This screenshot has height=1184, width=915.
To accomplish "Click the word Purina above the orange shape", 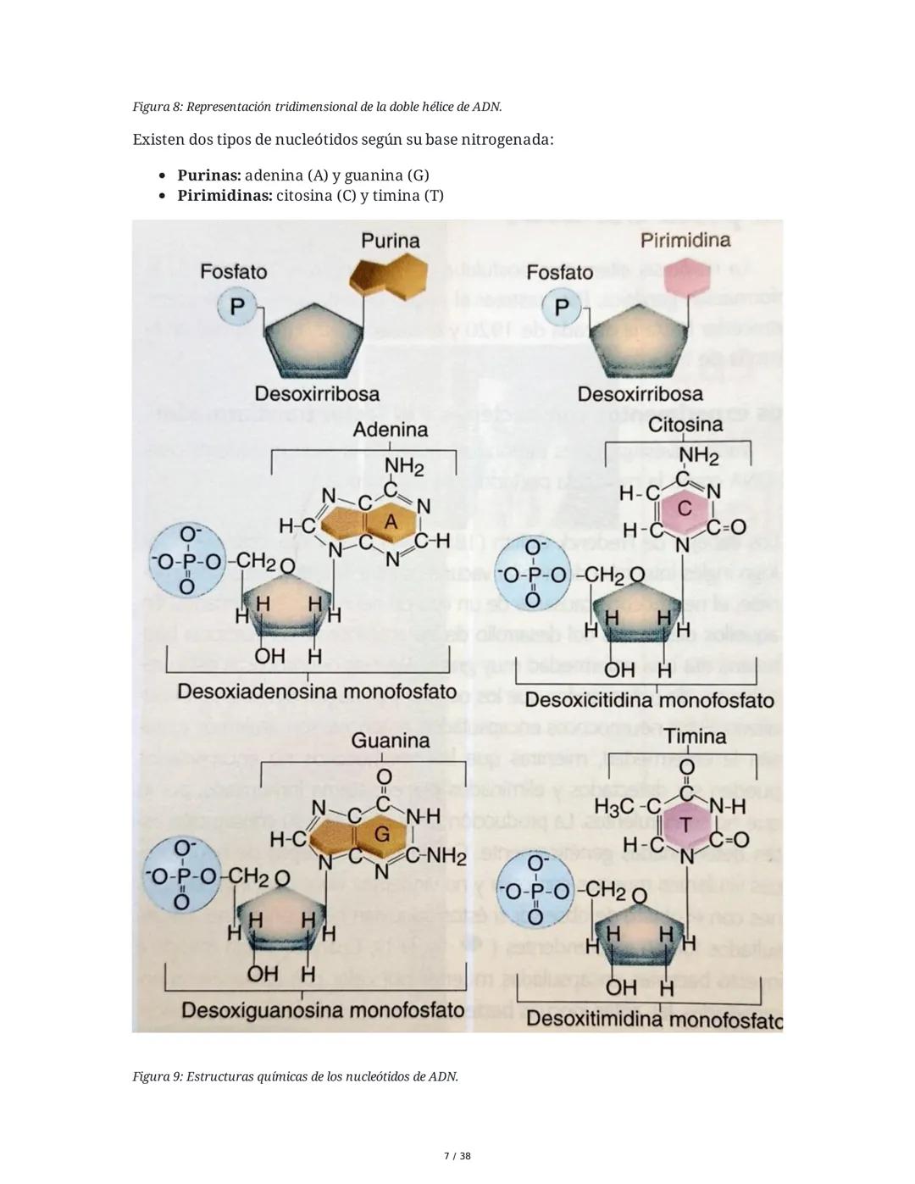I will (390, 241).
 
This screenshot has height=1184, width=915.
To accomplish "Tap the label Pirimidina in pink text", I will (685, 240).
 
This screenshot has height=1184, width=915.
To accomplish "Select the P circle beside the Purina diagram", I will (238, 305).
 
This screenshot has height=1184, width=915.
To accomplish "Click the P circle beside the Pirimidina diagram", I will (562, 306).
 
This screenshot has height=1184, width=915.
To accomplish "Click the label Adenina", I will (391, 430).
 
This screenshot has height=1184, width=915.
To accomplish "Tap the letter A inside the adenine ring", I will (391, 523).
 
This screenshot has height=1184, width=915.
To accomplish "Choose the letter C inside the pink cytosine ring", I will (685, 508).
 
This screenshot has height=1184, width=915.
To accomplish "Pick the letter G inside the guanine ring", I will (382, 834).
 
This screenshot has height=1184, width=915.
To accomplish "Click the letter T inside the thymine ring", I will (685, 825).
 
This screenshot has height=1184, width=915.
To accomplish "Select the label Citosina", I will (685, 424).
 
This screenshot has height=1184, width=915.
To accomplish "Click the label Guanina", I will (391, 740).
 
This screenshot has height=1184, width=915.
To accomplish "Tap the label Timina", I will (695, 737).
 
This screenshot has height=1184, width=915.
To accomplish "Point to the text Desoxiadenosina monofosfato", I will (317, 692).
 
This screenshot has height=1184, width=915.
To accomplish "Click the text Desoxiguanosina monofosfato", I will (323, 1010).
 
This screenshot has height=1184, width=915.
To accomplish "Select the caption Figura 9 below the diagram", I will (295, 1076).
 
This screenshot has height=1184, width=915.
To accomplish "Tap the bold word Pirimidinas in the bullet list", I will (225, 196).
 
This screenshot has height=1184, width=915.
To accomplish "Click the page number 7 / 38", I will (457, 1156).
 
